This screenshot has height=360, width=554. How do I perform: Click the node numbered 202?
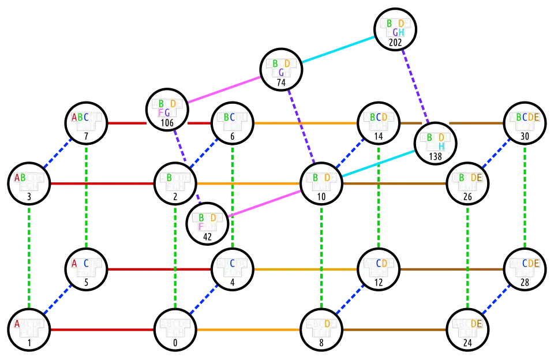[395, 29]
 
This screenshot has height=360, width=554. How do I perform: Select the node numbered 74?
[282, 69]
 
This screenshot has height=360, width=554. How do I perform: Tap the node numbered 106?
[167, 110]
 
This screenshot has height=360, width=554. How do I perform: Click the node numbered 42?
[207, 223]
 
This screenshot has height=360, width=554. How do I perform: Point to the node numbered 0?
[174, 329]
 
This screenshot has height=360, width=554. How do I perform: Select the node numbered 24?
[468, 329]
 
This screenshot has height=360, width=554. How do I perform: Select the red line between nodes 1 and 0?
[102, 330]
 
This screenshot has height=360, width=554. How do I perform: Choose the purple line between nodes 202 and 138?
[415, 86]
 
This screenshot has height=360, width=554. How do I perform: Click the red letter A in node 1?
[17, 324]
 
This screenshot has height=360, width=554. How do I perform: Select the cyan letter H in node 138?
[440, 146]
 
